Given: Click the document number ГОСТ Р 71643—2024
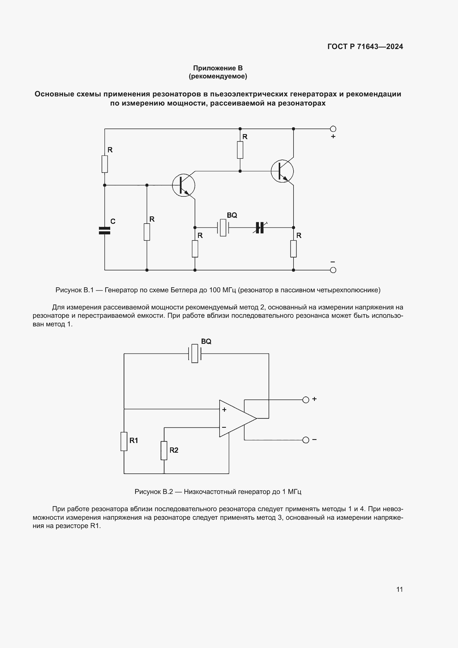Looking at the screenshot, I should click(x=365, y=47).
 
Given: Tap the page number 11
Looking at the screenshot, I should click(x=399, y=589).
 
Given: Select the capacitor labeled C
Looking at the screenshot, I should click(x=105, y=230).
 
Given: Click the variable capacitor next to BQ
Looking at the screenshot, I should click(x=260, y=227).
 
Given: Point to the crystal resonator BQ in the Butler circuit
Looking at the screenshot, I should click(x=223, y=227).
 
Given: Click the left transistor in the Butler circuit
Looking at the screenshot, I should click(x=184, y=185).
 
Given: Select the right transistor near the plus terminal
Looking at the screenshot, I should click(x=282, y=171).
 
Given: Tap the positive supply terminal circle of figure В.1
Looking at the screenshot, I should click(x=333, y=129).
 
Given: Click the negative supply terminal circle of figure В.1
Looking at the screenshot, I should click(x=333, y=270).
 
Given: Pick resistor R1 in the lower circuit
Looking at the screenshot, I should click(x=124, y=441).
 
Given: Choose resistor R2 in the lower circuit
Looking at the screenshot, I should click(x=164, y=450).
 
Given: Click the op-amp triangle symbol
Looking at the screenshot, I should click(x=235, y=418).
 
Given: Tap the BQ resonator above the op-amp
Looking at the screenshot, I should click(x=195, y=353).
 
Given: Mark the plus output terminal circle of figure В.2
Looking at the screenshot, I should click(x=306, y=400).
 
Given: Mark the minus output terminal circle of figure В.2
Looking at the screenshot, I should click(x=306, y=440).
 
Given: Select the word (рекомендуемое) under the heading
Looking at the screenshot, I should click(x=218, y=76).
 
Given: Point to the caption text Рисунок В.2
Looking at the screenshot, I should click(x=153, y=492).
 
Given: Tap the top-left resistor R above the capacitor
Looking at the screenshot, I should click(x=105, y=164).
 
